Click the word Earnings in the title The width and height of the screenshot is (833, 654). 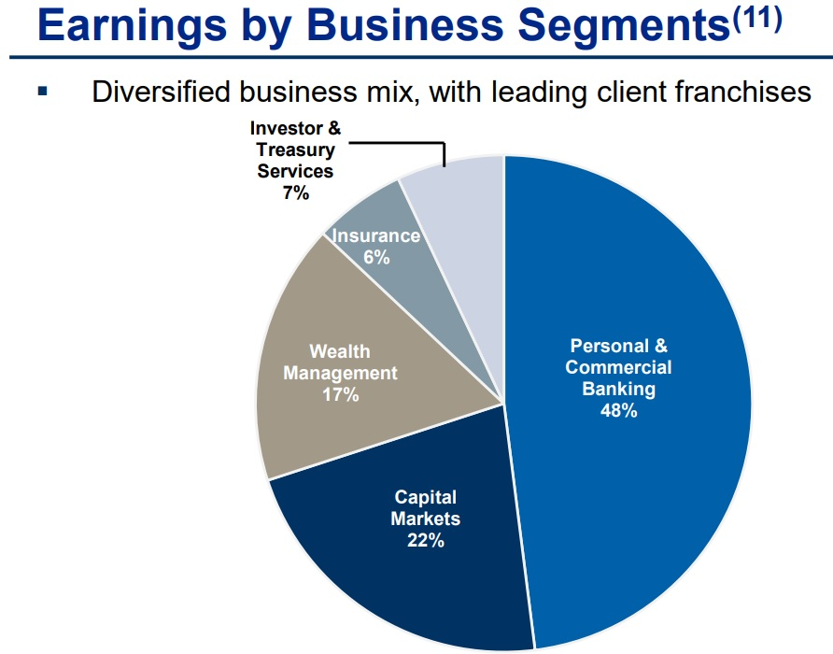(x=133, y=26)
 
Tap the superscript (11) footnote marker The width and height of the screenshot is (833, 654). (x=757, y=19)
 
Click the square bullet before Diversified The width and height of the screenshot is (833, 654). (x=43, y=92)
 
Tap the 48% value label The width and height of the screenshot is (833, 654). (x=618, y=410)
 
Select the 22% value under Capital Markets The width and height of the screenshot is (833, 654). (x=426, y=540)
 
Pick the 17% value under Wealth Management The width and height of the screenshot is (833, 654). (x=341, y=394)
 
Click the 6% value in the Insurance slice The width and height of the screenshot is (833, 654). (x=376, y=257)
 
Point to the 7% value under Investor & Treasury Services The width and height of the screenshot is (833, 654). (x=296, y=192)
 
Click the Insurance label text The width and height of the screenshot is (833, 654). (x=376, y=235)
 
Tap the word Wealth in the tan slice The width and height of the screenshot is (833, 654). (x=340, y=351)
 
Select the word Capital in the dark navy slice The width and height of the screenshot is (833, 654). (x=426, y=497)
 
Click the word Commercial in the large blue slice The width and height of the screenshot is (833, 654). (x=618, y=367)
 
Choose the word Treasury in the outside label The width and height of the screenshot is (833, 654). (x=295, y=149)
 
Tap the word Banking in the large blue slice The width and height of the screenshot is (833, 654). (x=619, y=389)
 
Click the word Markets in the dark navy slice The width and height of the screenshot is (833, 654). (x=426, y=519)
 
